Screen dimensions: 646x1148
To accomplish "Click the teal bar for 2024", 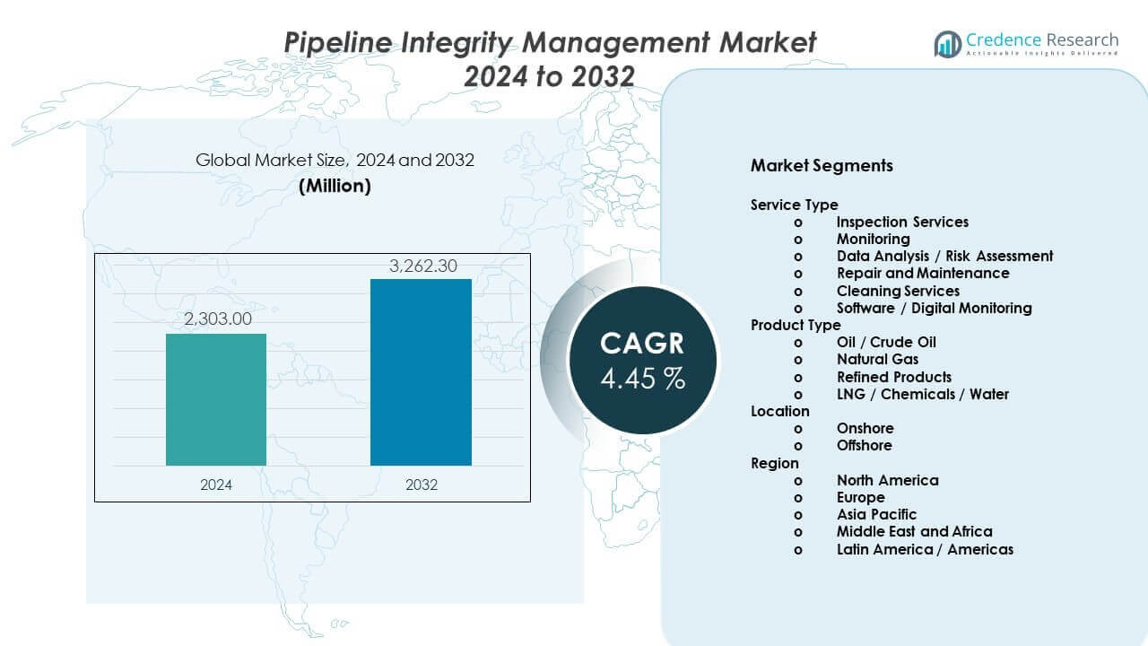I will pos(216,399).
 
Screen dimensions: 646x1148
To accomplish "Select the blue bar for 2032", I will pos(421,372).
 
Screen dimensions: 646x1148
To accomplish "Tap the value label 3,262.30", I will pos(422,266).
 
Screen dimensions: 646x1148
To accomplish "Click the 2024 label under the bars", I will pos(216,484).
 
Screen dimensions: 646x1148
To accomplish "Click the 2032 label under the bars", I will pos(422,484).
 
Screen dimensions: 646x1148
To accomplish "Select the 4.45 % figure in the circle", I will pos(642,378).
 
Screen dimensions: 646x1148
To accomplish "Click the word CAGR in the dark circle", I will pos(642,343).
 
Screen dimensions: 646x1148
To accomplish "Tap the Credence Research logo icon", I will pos(947,43).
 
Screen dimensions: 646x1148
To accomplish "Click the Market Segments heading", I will pos(822,166).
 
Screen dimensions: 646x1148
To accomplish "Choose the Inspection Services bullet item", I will pos(902,222).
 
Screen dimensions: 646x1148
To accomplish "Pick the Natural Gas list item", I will pos(877,359).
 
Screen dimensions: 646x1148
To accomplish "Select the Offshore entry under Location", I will pos(865,445).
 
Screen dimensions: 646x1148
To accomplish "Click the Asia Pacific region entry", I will pos(876,514).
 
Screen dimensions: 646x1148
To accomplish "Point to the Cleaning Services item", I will pos(898,291).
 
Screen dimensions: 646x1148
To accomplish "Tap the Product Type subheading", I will pos(796,325).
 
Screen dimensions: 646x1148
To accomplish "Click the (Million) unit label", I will pos(335,186).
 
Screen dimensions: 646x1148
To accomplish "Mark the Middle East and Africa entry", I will pos(914,531).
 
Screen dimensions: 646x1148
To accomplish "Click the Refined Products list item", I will pos(894,377).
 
